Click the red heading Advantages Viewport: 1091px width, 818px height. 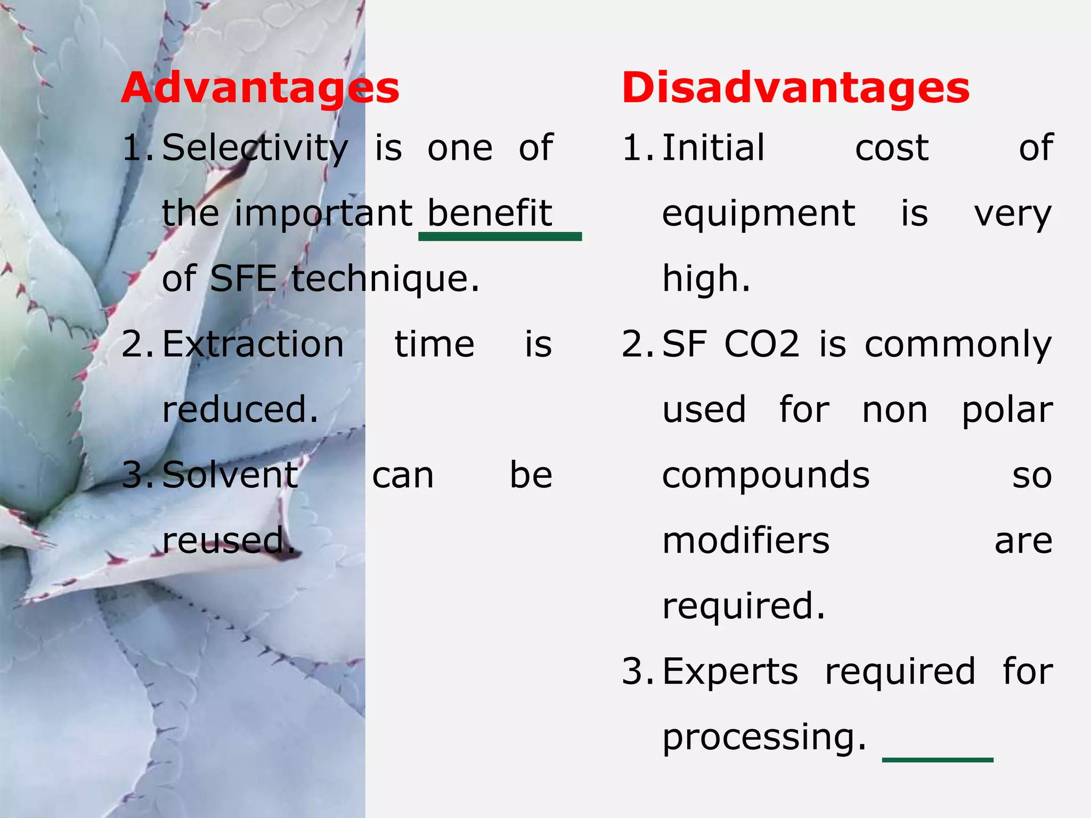pos(260,88)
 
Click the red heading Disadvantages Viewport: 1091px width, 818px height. pos(795,88)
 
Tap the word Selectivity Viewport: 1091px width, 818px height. pos(255,148)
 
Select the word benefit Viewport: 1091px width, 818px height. pos(490,213)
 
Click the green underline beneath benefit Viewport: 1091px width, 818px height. pos(500,237)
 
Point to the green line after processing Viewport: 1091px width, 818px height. pos(938,759)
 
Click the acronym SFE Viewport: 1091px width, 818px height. pos(243,279)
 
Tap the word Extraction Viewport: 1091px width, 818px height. pos(253,344)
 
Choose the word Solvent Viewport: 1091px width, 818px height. pos(230,475)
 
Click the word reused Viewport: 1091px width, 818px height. pos(228,541)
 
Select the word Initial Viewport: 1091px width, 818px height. pos(713,148)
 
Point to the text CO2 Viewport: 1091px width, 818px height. pos(762,344)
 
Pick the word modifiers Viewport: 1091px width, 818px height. pos(746,541)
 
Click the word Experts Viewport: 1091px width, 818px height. pos(730,672)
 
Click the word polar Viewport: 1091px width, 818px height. pos(1007,411)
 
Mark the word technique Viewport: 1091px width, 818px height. pos(385,279)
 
